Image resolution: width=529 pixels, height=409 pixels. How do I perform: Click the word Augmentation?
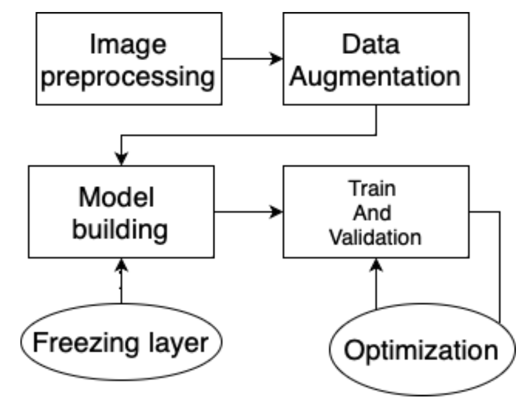click(x=375, y=77)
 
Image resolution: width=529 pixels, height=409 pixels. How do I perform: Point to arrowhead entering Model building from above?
click(x=121, y=158)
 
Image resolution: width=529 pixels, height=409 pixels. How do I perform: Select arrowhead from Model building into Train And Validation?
click(x=277, y=212)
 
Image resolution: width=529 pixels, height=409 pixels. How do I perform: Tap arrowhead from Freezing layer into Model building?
click(x=121, y=265)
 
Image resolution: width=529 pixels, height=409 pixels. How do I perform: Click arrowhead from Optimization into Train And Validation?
click(x=376, y=265)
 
